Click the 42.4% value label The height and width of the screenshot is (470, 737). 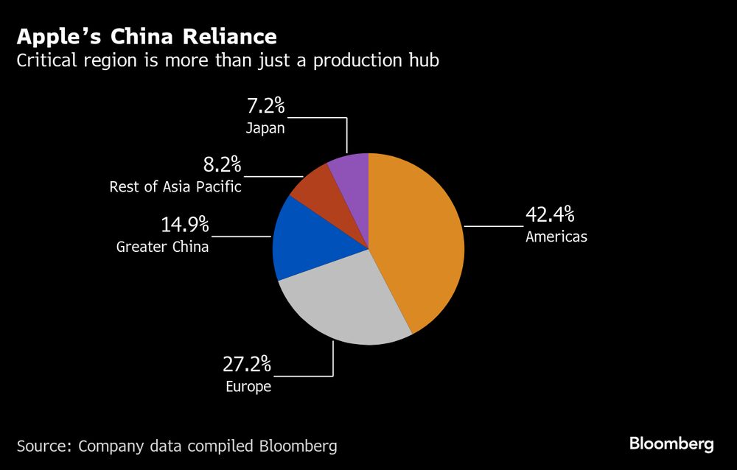coord(549,216)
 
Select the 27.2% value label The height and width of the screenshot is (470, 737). coord(247,364)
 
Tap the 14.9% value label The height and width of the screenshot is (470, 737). coord(185,224)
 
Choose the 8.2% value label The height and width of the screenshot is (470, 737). coord(222,164)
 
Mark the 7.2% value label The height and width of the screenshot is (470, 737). coord(265,105)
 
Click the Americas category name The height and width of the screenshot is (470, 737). coord(556,237)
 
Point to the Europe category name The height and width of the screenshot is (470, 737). coord(248,387)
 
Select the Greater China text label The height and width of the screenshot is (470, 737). coord(162,247)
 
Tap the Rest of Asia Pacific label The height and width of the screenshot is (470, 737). coord(175,187)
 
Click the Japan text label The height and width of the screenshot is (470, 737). coord(265,128)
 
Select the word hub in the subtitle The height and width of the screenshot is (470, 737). coord(422,60)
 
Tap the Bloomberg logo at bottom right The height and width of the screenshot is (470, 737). coord(671,443)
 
